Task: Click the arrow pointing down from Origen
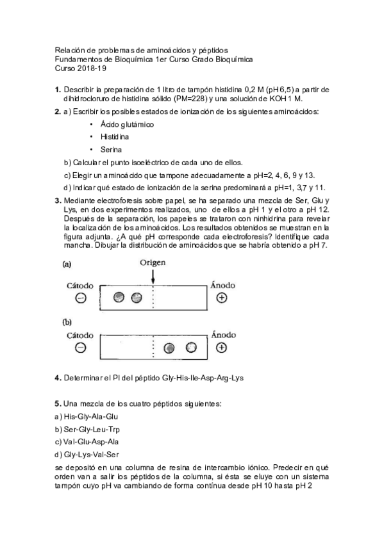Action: point(153,276)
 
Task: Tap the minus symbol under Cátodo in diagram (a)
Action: point(81,298)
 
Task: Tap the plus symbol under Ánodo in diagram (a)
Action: point(222,298)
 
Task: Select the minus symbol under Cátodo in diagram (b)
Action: point(81,348)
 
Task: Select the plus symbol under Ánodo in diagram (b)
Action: point(222,348)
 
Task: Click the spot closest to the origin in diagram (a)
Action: point(136,297)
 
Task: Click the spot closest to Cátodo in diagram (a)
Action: point(119,297)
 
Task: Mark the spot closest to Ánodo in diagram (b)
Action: point(191,348)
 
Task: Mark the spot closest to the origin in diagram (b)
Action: point(169,348)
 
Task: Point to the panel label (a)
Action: point(67,263)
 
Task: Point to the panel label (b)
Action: point(67,323)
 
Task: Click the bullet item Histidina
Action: point(114,137)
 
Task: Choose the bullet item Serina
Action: point(111,149)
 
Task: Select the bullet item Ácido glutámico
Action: point(126,124)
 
